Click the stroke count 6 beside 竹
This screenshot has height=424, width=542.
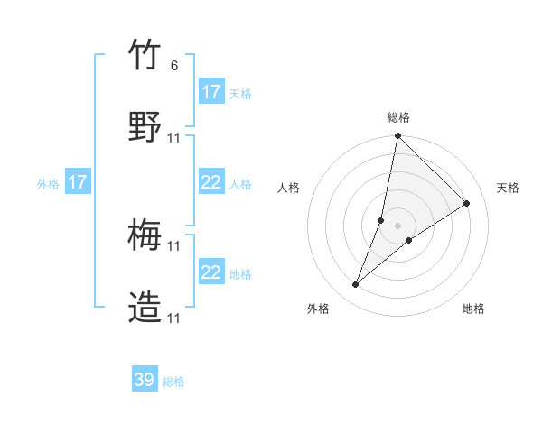(174, 65)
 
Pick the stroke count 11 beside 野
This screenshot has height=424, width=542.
(174, 137)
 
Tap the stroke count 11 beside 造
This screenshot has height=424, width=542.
(174, 318)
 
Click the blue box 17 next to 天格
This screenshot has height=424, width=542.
(211, 92)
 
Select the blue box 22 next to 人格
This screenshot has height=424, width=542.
(211, 182)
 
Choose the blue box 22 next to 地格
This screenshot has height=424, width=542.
(211, 272)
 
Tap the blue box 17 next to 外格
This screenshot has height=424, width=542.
(78, 182)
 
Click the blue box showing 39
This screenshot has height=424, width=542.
(145, 380)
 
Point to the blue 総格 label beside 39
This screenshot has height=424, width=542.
(173, 382)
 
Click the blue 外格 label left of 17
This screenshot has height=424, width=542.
(48, 183)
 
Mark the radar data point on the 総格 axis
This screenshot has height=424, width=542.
(397, 137)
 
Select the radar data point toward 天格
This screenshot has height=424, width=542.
(467, 203)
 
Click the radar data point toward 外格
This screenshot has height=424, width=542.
(356, 285)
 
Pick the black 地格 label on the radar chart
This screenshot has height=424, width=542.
(473, 309)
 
